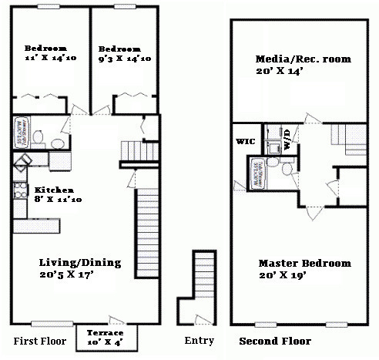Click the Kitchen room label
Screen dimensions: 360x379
(x=54, y=190)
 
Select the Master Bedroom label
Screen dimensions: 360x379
(x=304, y=263)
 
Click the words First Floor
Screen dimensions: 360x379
(x=39, y=341)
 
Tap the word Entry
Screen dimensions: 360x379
(x=199, y=341)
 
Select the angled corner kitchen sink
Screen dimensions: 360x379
(x=22, y=160)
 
